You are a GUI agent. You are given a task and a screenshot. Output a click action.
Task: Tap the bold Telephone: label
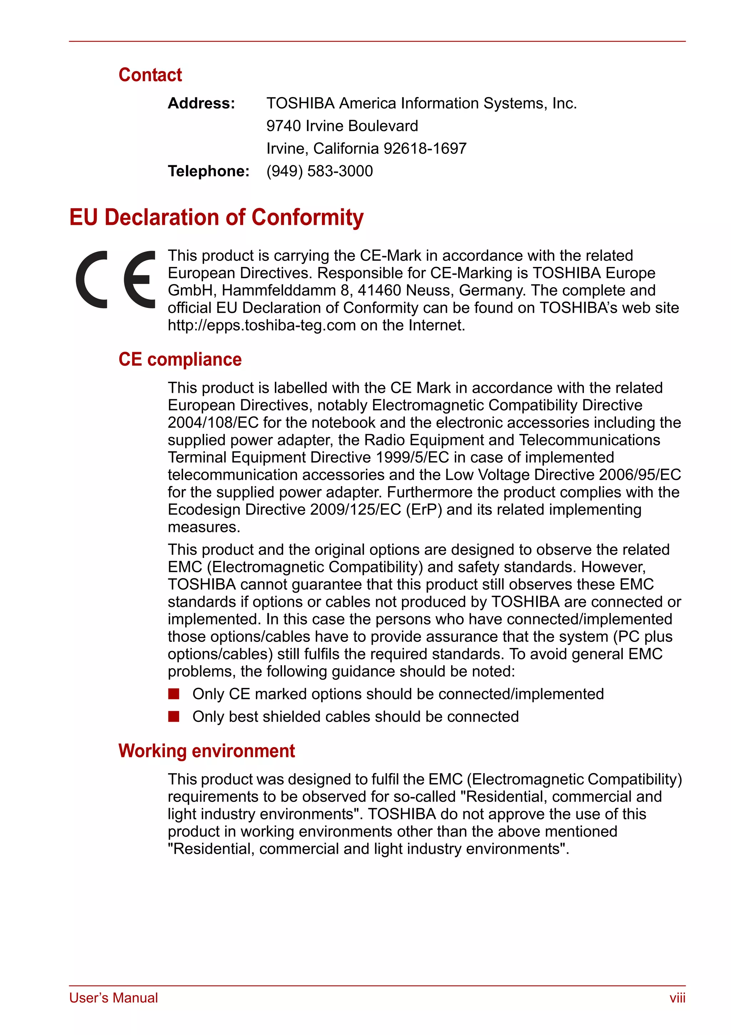pos(208,171)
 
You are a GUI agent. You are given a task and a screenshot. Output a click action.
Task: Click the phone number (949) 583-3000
pos(319,171)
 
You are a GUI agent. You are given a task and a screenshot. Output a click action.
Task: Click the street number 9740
pos(283,126)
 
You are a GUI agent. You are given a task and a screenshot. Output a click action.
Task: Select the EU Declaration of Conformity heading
pos(216,217)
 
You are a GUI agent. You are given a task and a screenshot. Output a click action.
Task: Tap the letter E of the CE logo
pos(140,279)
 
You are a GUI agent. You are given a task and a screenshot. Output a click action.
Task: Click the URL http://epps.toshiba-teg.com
pos(262,325)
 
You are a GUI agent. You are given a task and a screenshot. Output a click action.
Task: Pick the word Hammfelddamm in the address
pos(279,291)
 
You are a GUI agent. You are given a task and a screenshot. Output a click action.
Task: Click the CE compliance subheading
pos(180,360)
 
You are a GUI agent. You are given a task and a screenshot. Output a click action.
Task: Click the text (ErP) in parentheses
pos(424,510)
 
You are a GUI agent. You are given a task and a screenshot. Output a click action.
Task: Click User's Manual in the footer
pos(113,998)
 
